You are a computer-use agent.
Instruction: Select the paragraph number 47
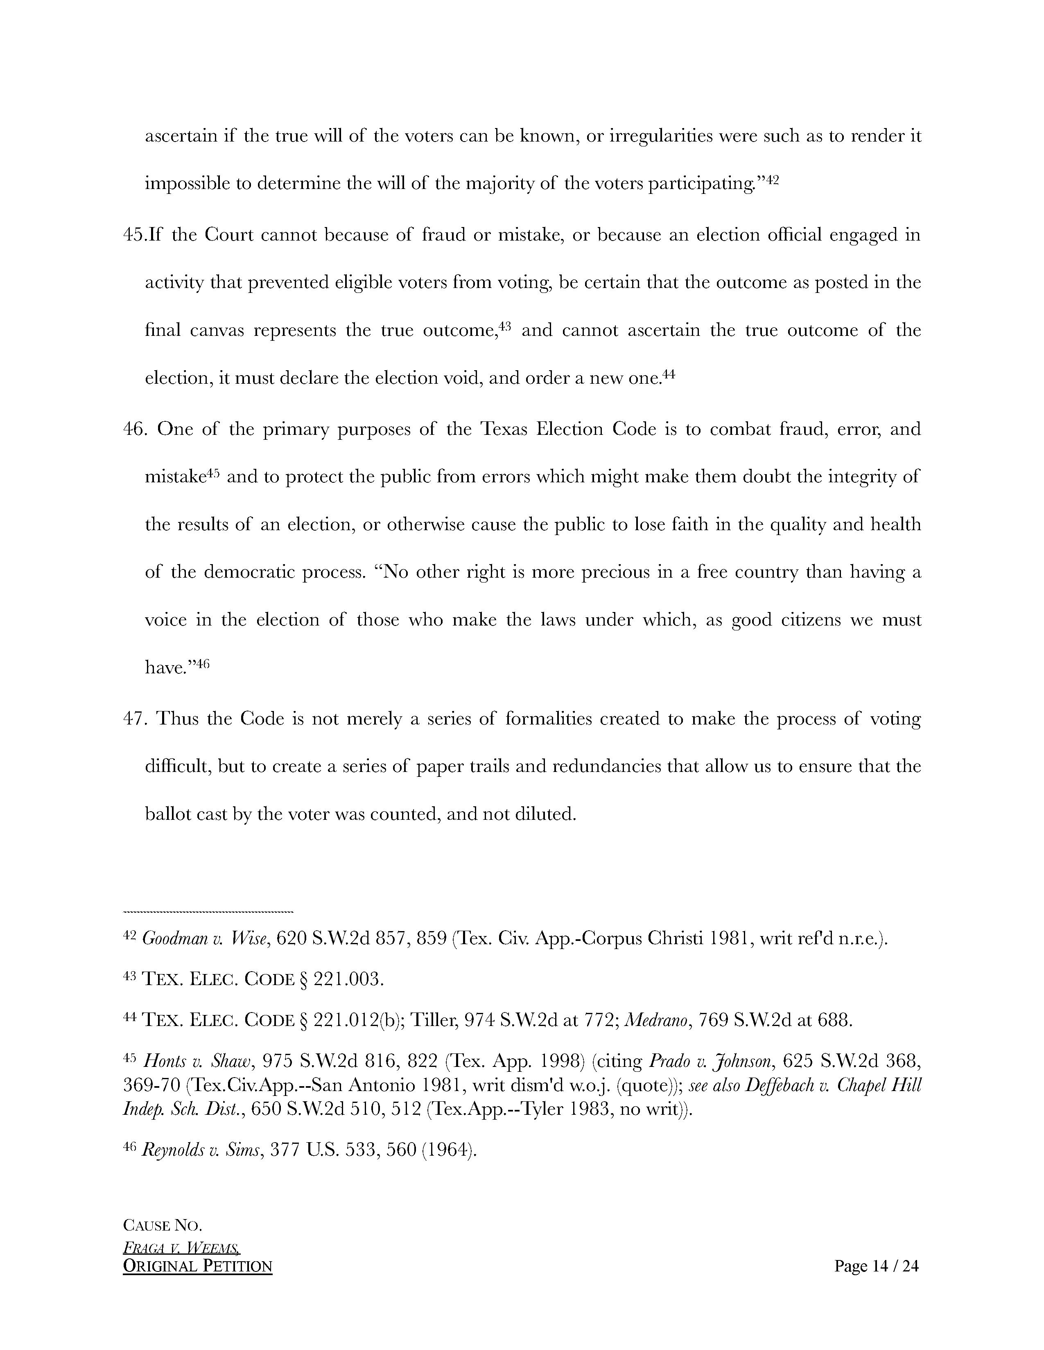[x=134, y=719]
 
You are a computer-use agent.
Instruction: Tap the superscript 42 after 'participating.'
[x=772, y=180]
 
